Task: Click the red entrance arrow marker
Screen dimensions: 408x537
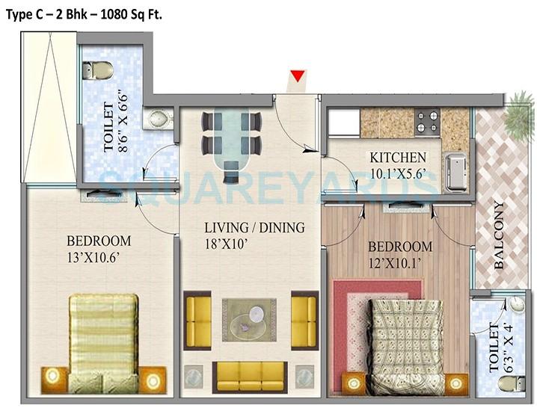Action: [298, 75]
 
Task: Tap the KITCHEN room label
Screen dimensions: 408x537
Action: [398, 158]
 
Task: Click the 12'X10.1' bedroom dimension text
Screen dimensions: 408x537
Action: [398, 263]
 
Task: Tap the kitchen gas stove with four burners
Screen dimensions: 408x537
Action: [427, 121]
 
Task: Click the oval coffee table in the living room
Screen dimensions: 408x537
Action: [248, 319]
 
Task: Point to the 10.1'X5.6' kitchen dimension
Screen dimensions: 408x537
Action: [398, 174]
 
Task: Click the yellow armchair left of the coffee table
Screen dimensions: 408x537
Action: [198, 321]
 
